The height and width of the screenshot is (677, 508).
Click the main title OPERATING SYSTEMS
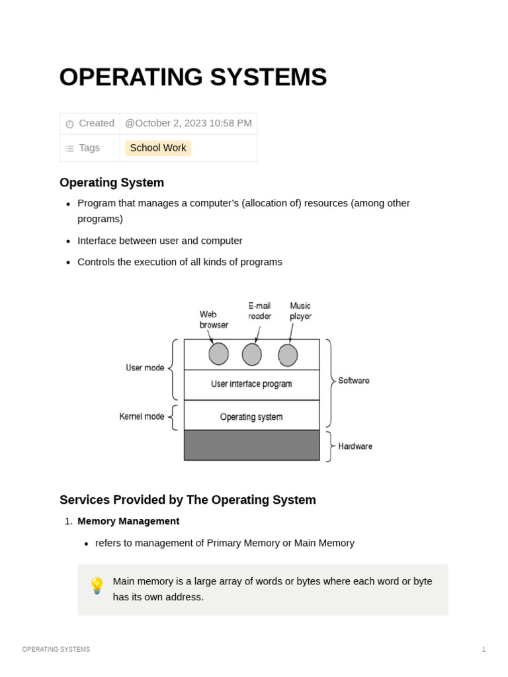click(192, 77)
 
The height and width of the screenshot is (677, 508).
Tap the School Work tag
click(158, 148)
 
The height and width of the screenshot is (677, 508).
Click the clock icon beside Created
click(69, 124)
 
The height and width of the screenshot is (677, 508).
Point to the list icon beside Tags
click(69, 149)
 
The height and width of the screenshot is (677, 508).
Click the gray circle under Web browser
click(218, 354)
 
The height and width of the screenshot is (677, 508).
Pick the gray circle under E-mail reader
click(251, 354)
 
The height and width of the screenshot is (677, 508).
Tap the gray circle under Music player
click(288, 355)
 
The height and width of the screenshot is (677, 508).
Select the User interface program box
click(251, 384)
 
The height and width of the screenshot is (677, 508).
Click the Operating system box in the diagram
click(251, 417)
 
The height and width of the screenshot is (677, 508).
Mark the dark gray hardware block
click(251, 445)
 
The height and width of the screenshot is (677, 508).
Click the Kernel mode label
click(142, 417)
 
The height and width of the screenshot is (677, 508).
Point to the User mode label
click(145, 368)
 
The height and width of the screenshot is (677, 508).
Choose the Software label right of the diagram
click(354, 381)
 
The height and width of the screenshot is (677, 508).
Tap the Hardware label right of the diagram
click(355, 446)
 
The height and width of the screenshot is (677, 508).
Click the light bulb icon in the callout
click(97, 586)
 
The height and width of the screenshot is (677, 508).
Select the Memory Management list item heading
click(128, 521)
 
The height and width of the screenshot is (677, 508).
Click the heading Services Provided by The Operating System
click(188, 500)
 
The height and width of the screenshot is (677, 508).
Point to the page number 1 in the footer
click(484, 649)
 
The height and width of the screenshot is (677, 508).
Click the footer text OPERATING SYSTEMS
click(56, 649)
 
